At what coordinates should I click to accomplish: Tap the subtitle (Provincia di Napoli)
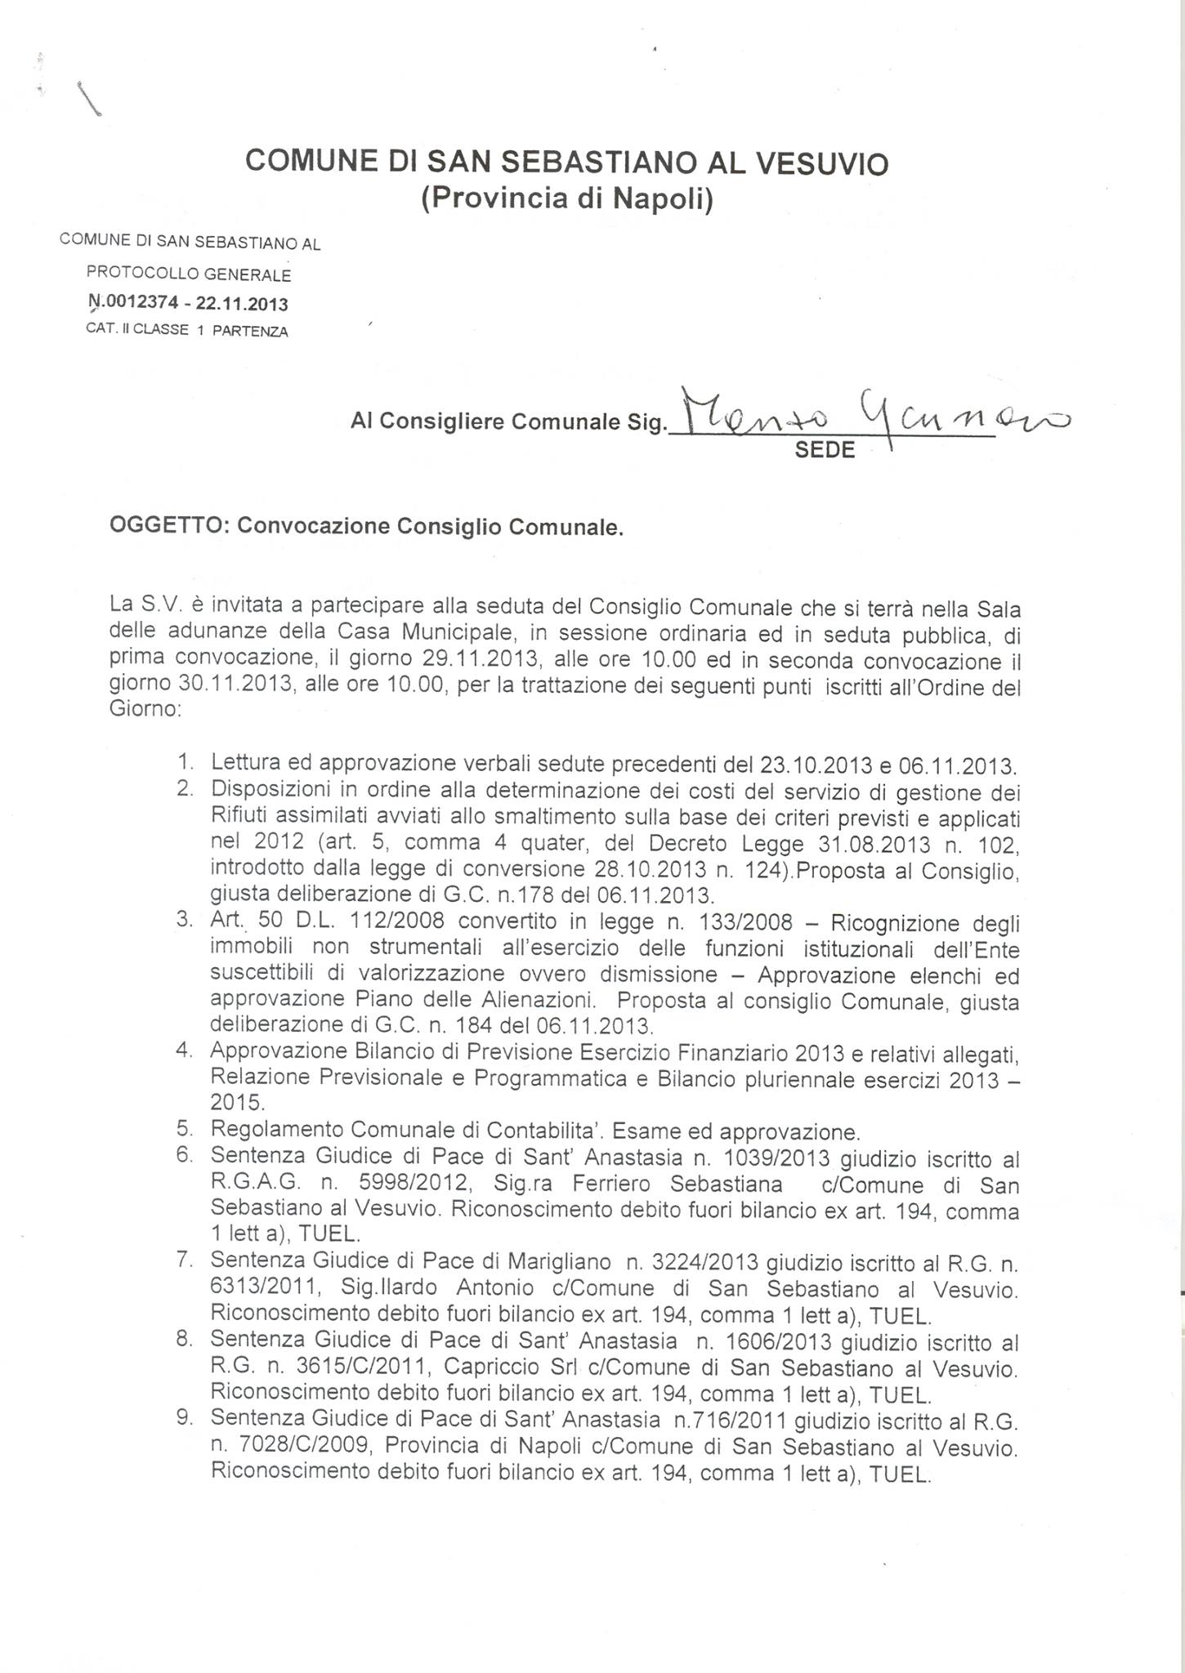567,199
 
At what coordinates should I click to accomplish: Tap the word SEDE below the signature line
825,450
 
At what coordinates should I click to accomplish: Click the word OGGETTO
168,526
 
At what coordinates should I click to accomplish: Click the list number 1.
186,764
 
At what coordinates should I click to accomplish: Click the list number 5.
185,1131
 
